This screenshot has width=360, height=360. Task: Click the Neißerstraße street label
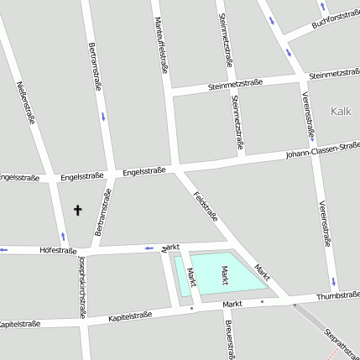click(x=26, y=102)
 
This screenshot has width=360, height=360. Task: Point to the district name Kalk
click(x=341, y=111)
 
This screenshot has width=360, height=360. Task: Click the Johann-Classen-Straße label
click(x=322, y=149)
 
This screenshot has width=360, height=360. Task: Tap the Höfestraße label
click(x=58, y=250)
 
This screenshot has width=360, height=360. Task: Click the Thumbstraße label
click(x=338, y=296)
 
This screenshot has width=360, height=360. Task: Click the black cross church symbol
click(x=79, y=210)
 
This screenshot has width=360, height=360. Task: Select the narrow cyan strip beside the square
click(x=184, y=276)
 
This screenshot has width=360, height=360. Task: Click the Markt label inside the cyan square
click(x=224, y=274)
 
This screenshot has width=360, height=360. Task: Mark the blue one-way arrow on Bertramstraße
click(x=102, y=115)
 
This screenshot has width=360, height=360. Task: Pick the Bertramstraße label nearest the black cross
click(x=103, y=213)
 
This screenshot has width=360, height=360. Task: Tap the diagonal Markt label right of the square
click(x=263, y=270)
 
